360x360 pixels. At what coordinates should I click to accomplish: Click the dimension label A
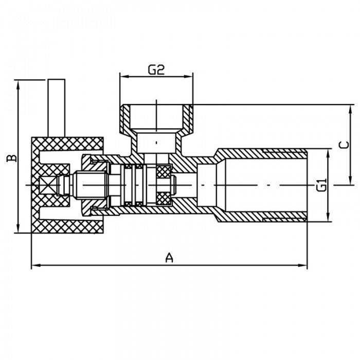tap(168, 257)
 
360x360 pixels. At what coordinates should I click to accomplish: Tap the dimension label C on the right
tap(343, 146)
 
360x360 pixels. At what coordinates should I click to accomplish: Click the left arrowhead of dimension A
tap(34, 266)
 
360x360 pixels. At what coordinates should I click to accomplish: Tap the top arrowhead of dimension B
tap(18, 83)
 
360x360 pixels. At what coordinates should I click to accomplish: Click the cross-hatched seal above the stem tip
tap(164, 172)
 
